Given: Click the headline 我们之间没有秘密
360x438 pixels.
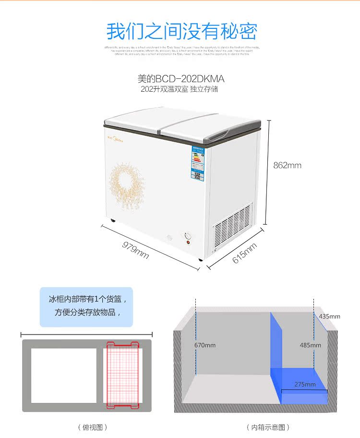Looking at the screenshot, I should [182, 31].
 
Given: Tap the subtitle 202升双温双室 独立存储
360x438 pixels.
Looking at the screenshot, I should [179, 89].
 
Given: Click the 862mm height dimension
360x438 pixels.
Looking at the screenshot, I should [287, 165].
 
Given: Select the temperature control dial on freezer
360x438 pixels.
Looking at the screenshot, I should [187, 236].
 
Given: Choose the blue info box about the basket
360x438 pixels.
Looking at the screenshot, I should [86, 307].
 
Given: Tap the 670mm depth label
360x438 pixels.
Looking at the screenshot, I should [205, 345].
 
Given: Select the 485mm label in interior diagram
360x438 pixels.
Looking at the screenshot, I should [310, 345].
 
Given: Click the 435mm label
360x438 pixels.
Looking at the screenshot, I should [329, 316].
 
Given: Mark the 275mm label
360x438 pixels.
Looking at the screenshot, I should [305, 384].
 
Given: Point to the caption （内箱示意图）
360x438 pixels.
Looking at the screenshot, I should [268, 427].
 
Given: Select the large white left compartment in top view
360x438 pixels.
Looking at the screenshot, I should [64, 375].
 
